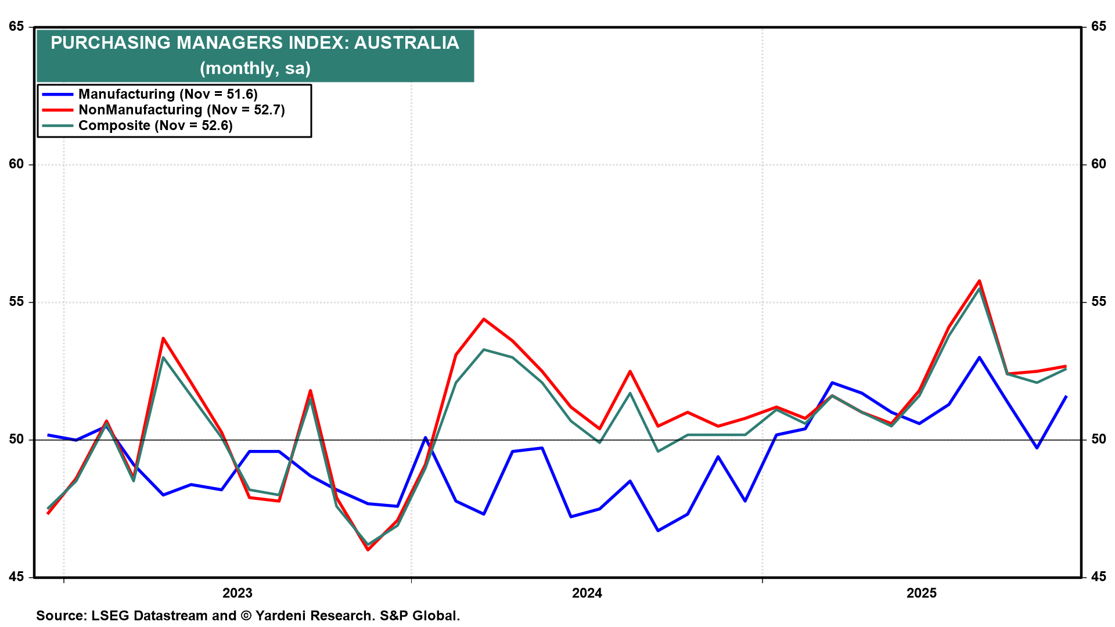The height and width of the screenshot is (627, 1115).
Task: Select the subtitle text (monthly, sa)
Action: tap(256, 68)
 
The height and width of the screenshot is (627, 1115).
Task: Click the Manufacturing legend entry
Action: tap(168, 94)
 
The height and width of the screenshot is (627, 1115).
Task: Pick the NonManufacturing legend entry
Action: tap(181, 110)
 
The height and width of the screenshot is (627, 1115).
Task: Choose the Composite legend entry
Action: tap(155, 125)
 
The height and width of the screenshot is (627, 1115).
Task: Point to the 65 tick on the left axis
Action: tap(16, 27)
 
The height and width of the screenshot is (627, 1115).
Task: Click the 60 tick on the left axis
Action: tap(16, 164)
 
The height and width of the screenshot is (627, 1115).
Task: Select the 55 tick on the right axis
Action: tap(1098, 302)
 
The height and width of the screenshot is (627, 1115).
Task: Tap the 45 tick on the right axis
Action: tap(1098, 576)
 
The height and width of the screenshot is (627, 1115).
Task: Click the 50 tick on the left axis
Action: tap(16, 439)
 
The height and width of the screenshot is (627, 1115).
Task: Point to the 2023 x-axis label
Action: tap(238, 593)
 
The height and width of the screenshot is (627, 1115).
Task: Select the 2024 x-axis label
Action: tap(587, 593)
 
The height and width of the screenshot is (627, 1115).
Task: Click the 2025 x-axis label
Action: tap(922, 593)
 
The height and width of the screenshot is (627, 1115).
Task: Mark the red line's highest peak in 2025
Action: tap(979, 281)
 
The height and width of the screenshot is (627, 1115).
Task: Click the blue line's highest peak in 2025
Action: tap(979, 358)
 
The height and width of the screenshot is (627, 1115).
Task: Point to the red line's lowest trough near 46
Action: tap(368, 549)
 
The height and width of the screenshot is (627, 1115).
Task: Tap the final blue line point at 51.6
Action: tap(1066, 396)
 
